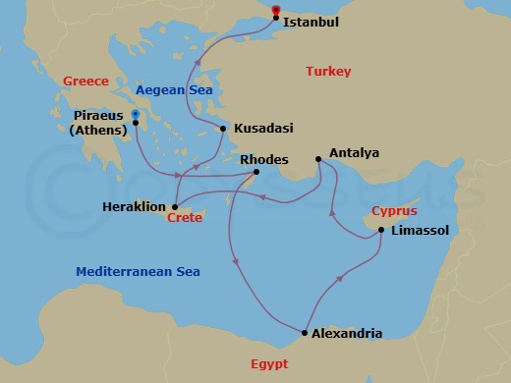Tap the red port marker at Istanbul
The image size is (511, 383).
click(x=275, y=11)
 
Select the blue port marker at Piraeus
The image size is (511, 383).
click(x=136, y=116)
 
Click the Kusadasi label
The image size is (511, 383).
click(x=263, y=129)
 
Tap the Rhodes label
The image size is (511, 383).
click(x=262, y=158)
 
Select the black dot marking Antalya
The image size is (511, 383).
click(x=316, y=158)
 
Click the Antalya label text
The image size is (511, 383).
click(x=353, y=153)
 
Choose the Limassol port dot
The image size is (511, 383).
click(x=380, y=230)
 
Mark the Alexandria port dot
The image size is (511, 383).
click(x=304, y=333)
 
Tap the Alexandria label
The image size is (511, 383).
click(x=347, y=333)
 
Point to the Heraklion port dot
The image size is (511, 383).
click(x=173, y=206)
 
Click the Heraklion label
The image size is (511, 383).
click(x=134, y=206)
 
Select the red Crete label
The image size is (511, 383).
click(x=185, y=218)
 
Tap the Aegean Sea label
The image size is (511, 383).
click(x=174, y=89)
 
